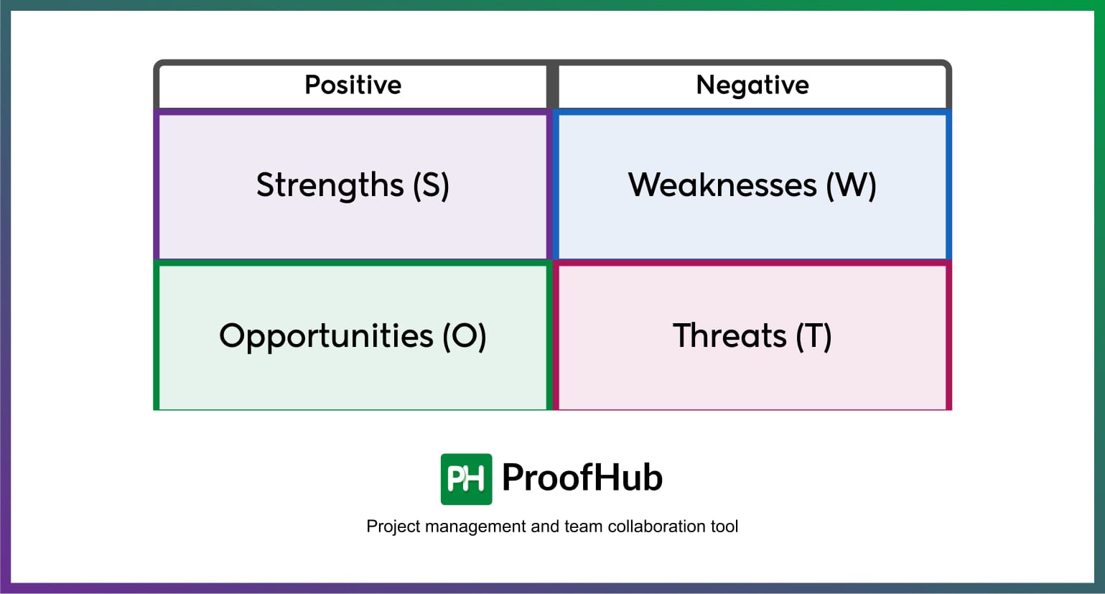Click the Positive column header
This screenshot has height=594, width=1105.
[x=353, y=85]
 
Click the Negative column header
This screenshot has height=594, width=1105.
[x=752, y=85]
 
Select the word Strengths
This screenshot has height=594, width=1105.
[x=330, y=185]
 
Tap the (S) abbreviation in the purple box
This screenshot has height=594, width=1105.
[x=431, y=185]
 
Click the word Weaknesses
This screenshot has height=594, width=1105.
[x=722, y=185]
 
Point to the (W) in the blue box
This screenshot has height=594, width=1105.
[x=851, y=185]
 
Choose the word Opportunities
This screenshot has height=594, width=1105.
[x=326, y=336]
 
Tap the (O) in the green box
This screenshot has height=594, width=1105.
[x=465, y=336]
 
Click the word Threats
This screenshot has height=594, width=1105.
[x=729, y=336]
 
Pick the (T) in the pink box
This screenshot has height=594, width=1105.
[x=813, y=336]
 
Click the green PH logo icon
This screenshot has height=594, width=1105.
[x=466, y=479]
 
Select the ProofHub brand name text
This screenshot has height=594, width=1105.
[x=582, y=478]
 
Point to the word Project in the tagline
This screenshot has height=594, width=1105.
[x=393, y=526]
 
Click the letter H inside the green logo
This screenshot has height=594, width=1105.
[x=475, y=479]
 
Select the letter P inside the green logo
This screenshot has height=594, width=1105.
[x=456, y=479]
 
